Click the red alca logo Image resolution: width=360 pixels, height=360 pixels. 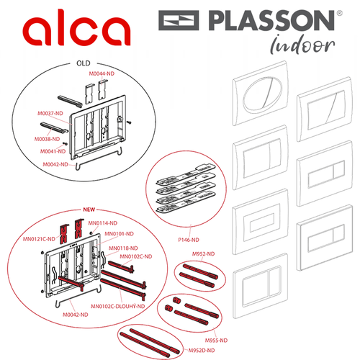pyautogui.click(x=76, y=27)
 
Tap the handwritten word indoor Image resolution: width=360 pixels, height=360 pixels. pyautogui.click(x=302, y=45)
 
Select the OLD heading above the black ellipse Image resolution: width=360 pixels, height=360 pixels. pyautogui.click(x=84, y=63)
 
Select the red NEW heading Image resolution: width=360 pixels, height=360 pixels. pyautogui.click(x=89, y=210)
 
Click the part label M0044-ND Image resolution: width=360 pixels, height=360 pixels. pyautogui.click(x=102, y=73)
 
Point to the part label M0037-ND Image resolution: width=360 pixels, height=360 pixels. pyautogui.click(x=50, y=113)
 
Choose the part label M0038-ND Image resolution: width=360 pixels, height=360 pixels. pyautogui.click(x=47, y=139)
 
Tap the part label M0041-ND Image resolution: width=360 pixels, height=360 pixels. pyautogui.click(x=53, y=151)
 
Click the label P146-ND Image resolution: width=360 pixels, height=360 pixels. pyautogui.click(x=189, y=240)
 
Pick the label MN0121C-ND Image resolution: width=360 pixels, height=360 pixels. pyautogui.click(x=39, y=239)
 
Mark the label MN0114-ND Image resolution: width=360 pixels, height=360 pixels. pyautogui.click(x=103, y=223)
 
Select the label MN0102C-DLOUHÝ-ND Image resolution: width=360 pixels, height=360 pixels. pyautogui.click(x=117, y=306)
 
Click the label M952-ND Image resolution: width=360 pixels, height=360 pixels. pyautogui.click(x=203, y=254)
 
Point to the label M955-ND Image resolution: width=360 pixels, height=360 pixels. pyautogui.click(x=216, y=341)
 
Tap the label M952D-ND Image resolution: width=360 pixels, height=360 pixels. pyautogui.click(x=202, y=351)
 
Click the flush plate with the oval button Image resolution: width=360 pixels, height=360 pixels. pyautogui.click(x=261, y=93)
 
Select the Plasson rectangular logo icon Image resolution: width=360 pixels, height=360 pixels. pyautogui.click(x=179, y=20)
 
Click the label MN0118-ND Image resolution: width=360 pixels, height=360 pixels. pyautogui.click(x=123, y=248)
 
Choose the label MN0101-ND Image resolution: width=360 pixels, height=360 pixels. pyautogui.click(x=119, y=234)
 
